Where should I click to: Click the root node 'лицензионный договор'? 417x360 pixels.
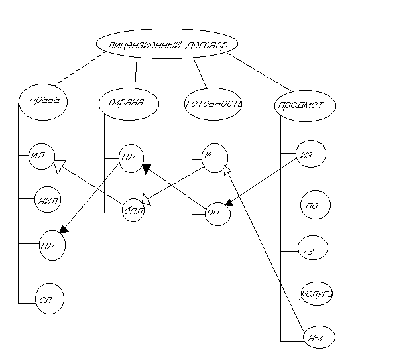point(166,45)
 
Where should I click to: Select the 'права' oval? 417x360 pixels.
point(40,101)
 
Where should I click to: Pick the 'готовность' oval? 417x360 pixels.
point(213,103)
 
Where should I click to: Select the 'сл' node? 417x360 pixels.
point(48,300)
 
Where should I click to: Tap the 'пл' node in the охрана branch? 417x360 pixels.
point(131,158)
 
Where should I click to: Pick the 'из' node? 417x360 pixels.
point(310,154)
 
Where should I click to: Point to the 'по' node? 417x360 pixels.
point(314,205)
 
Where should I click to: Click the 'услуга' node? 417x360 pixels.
point(316,293)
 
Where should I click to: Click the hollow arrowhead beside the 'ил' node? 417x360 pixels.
point(58,167)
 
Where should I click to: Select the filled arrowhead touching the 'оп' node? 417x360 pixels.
point(229,200)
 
